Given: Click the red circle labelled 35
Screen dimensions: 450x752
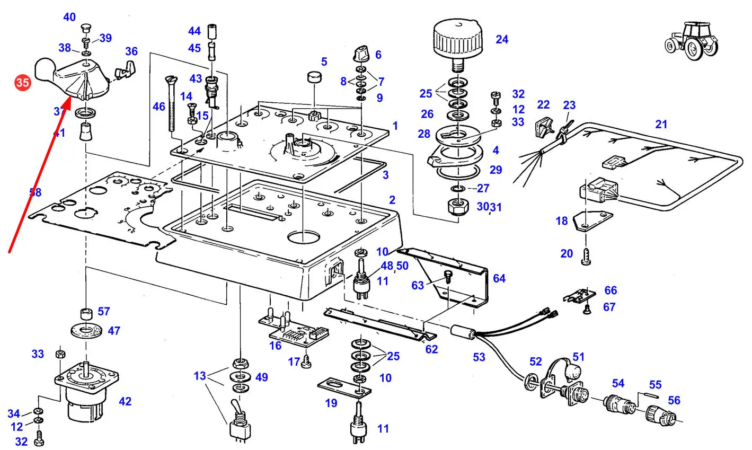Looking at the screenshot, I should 23,83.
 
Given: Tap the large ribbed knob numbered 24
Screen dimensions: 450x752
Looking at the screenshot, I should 458,40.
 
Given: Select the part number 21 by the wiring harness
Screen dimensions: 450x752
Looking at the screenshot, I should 661,124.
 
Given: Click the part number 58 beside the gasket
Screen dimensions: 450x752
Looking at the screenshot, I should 35,192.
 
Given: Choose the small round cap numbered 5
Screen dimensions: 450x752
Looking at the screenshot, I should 315,78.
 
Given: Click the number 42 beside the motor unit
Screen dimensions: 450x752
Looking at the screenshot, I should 125,401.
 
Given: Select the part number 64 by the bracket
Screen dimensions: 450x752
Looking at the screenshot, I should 499,278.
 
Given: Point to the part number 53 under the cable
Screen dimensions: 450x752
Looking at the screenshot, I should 479,357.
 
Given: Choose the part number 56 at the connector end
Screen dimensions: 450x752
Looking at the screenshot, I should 674,400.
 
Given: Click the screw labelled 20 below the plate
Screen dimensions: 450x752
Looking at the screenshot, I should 587,257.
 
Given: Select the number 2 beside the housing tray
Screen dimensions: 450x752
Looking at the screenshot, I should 392,200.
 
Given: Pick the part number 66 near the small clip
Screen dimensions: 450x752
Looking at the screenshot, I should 611,290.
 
